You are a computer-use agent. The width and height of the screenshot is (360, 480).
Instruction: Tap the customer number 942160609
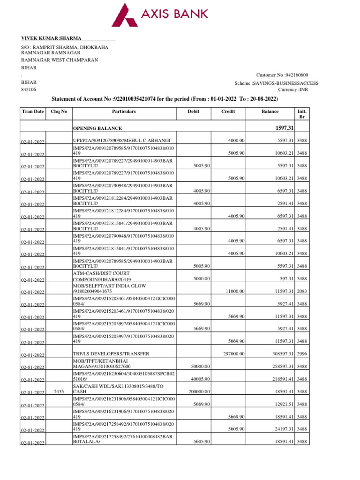(282, 75)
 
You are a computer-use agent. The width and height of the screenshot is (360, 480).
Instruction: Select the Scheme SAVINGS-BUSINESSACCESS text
(277, 83)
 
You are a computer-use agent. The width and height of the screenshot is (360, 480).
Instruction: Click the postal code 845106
(29, 90)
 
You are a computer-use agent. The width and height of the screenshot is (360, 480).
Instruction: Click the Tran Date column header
(33, 112)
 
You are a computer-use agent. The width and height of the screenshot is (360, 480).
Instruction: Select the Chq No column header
(59, 112)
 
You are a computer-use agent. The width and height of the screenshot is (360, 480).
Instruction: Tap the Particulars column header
(124, 112)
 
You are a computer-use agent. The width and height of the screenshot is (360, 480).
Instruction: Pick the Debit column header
(193, 112)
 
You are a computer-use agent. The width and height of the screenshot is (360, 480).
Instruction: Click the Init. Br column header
(302, 114)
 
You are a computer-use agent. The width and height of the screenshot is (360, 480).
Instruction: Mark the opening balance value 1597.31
(283, 127)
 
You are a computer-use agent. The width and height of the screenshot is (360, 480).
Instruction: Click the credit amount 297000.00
(233, 353)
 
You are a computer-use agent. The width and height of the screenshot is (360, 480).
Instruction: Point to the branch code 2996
(302, 354)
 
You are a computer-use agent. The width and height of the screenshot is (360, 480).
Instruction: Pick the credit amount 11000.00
(234, 291)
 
